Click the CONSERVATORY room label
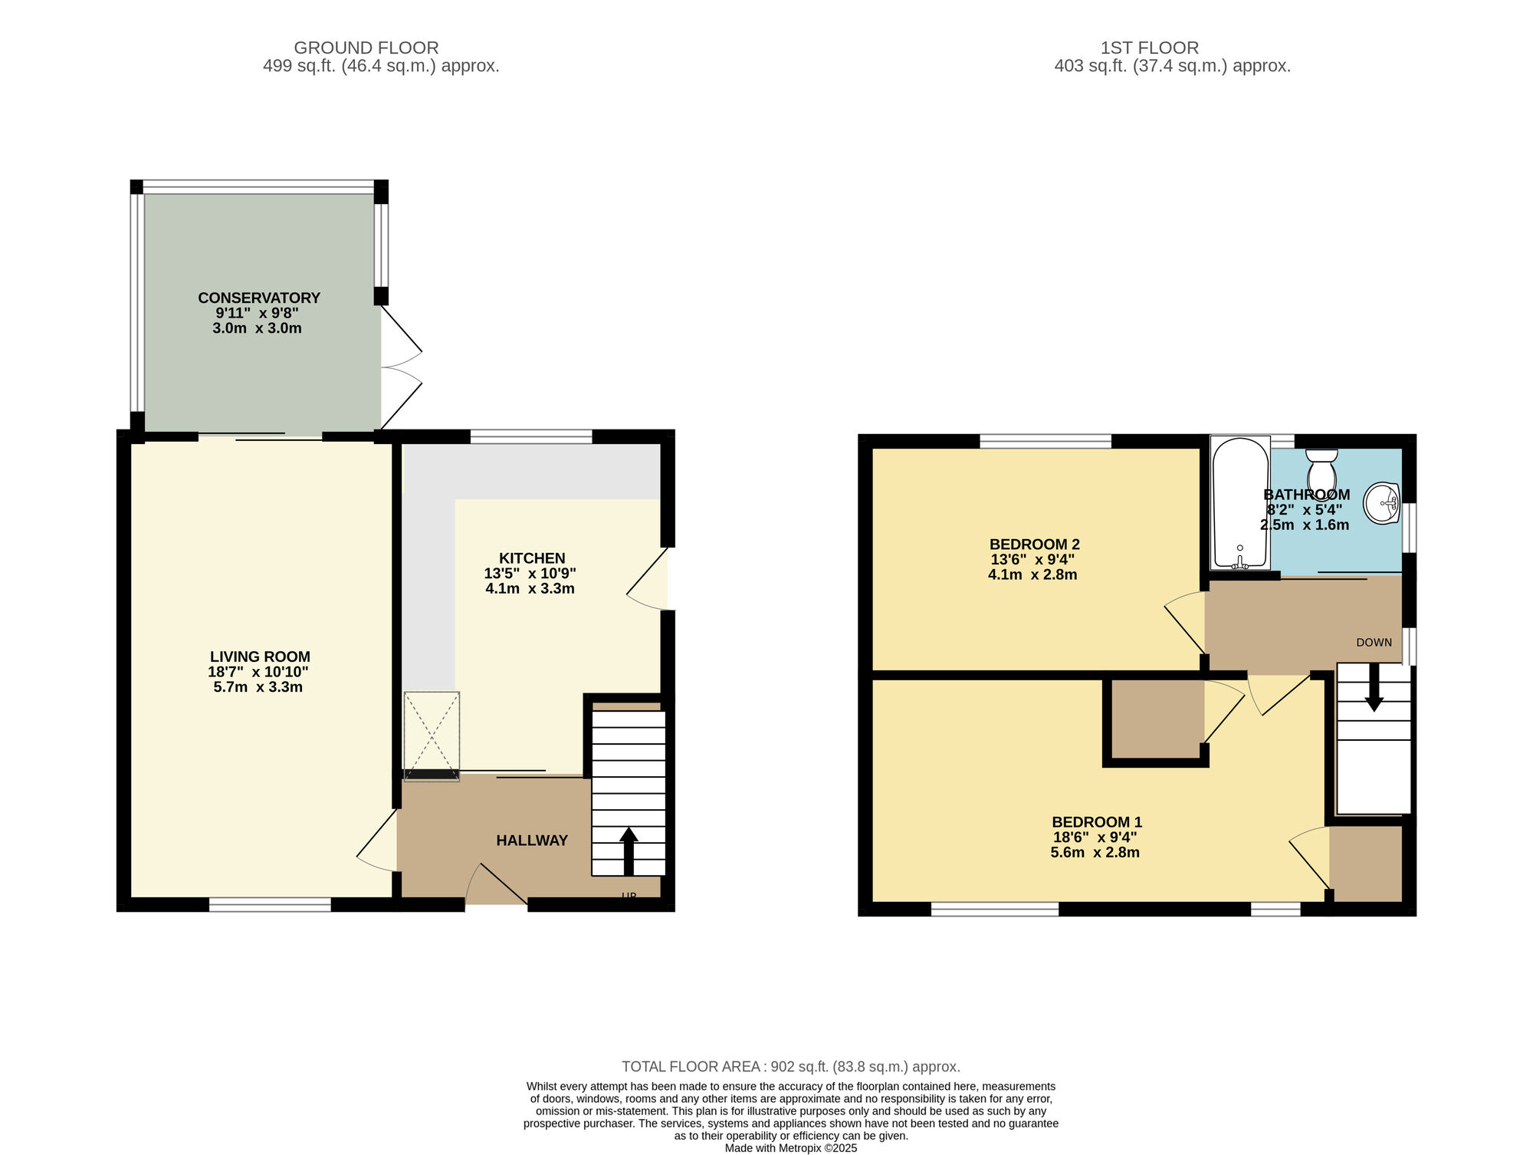(x=259, y=298)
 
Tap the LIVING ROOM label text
(x=260, y=656)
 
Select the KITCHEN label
(x=532, y=558)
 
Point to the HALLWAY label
(x=532, y=841)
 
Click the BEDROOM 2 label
(x=1034, y=545)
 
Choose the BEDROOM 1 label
(x=1097, y=822)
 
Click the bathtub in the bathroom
(x=1240, y=503)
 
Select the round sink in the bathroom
(x=1382, y=503)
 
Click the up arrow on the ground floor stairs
(x=629, y=851)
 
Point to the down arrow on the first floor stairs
(x=1374, y=687)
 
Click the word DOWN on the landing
(x=1374, y=643)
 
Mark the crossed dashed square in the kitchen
(x=432, y=736)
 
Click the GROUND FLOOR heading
(x=366, y=48)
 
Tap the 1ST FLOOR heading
(x=1150, y=48)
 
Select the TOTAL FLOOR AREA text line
(x=791, y=1067)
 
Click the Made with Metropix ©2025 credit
(x=791, y=1148)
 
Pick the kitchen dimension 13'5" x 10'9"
(x=530, y=574)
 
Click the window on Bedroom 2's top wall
(x=1046, y=441)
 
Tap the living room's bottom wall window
(x=270, y=905)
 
